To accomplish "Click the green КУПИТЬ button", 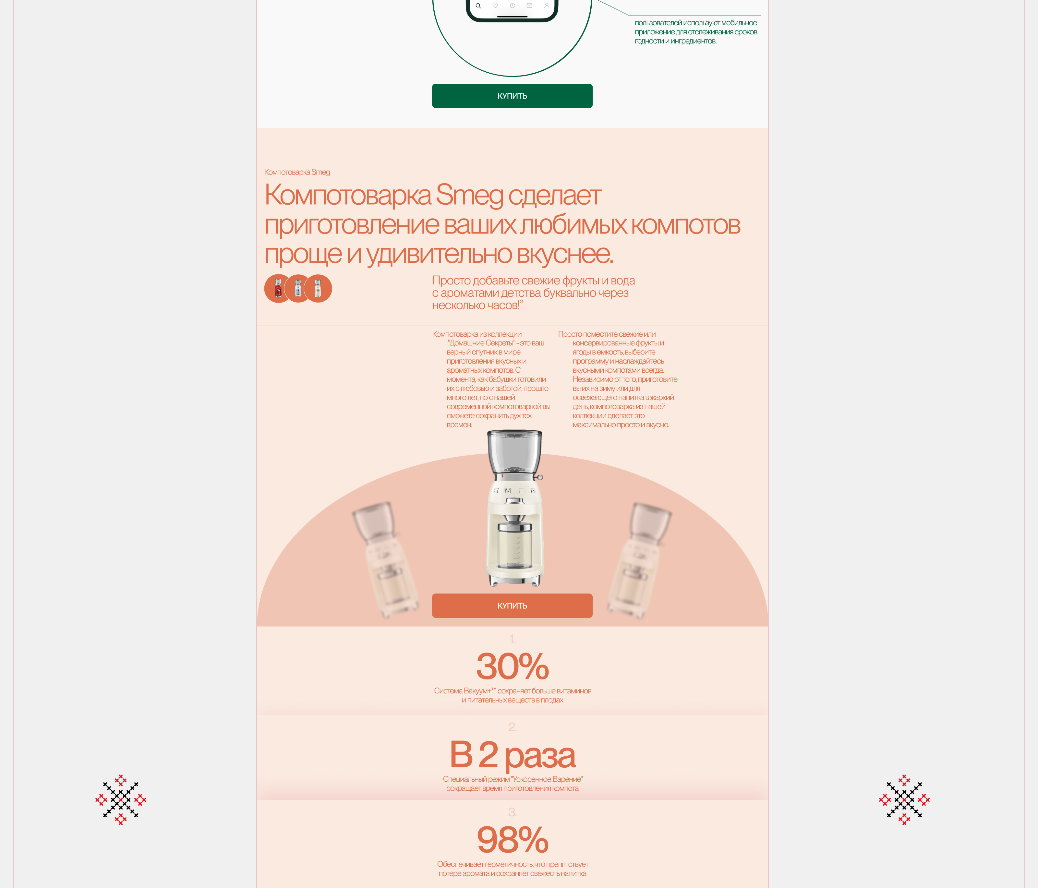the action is click(512, 96).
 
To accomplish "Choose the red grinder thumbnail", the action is click(278, 289).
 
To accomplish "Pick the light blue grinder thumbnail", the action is click(298, 289).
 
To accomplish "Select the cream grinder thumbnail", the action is click(318, 289).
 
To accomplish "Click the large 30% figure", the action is click(513, 666).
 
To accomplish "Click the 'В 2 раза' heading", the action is click(513, 755).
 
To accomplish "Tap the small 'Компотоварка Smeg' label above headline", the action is click(297, 172).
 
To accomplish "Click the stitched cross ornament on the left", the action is click(121, 800).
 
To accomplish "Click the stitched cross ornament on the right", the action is click(904, 800).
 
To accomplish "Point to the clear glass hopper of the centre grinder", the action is click(514, 452).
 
